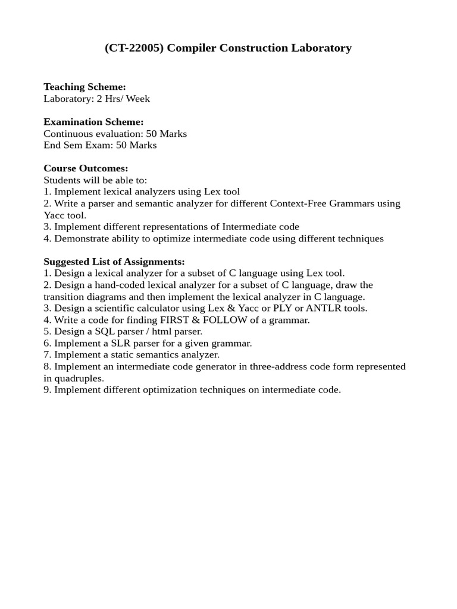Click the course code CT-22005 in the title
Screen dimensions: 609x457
point(135,48)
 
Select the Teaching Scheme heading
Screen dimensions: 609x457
point(84,87)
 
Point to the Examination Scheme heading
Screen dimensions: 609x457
point(93,122)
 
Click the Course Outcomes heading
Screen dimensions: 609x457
point(86,168)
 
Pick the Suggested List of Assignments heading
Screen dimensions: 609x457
point(114,262)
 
